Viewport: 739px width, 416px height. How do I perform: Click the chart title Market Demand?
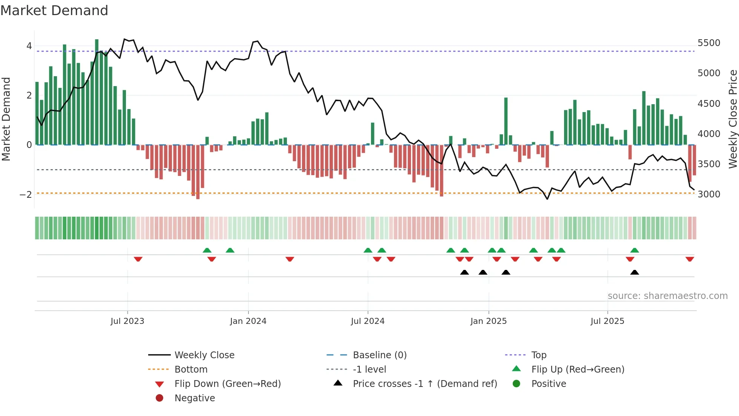54,11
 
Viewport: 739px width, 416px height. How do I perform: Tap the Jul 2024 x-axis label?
368,321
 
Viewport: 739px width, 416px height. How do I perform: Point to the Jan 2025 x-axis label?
489,321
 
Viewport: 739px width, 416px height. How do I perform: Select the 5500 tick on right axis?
709,43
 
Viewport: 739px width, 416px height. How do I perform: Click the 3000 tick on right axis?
709,194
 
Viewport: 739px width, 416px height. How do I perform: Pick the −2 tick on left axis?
26,195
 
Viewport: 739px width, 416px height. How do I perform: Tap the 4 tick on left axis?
29,46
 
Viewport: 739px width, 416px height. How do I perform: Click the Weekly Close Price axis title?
733,119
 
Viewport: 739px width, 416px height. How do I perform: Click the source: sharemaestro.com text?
667,296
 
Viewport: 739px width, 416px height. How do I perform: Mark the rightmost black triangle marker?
635,273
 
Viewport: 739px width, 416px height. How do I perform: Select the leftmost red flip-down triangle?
138,259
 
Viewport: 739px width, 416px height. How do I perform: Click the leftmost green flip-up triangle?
207,250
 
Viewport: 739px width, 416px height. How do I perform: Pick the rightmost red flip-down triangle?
690,259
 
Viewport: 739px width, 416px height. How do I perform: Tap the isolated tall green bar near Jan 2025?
506,121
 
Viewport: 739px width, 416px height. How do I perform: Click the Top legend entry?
539,355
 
